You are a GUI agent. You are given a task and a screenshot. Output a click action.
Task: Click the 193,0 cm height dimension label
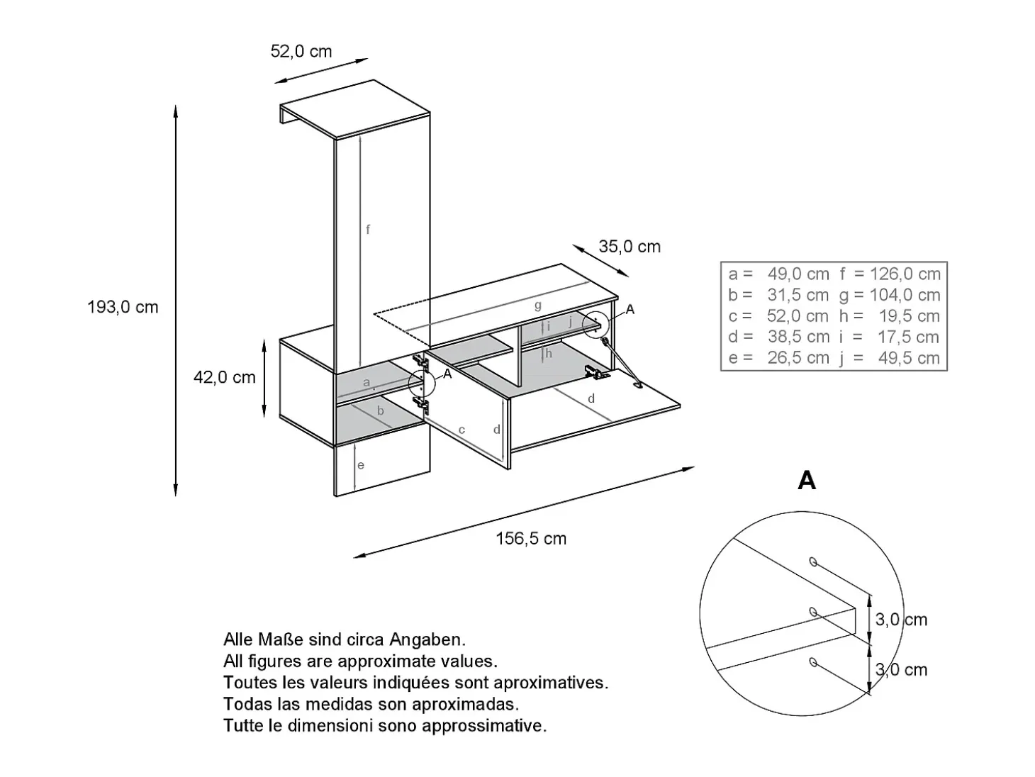coord(123,307)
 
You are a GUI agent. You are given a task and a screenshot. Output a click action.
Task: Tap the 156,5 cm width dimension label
coord(531,538)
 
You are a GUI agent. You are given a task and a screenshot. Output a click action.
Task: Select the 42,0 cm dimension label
coord(225,377)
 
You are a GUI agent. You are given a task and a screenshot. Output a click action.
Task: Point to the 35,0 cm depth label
coord(630,246)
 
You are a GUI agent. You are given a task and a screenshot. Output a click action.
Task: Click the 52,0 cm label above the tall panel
coord(301,51)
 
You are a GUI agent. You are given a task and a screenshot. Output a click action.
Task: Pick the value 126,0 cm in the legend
coord(905,274)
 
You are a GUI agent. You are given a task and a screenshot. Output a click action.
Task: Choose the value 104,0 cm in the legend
coord(905,295)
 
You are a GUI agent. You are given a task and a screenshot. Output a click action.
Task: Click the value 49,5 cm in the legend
coord(909,358)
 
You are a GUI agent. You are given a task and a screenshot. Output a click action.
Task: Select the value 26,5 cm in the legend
coord(798,358)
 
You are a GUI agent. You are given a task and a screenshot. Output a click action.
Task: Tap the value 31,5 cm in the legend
coord(798,295)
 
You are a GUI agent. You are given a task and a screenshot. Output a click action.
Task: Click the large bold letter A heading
coord(807,481)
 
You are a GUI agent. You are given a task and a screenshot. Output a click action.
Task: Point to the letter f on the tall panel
coord(368,230)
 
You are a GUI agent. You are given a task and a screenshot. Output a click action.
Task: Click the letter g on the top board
coord(538,306)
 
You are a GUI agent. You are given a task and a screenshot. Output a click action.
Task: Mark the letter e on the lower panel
coord(361,465)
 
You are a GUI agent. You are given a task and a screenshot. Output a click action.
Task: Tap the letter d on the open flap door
coord(591,398)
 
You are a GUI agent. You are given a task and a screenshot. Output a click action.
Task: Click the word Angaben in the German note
coord(427,639)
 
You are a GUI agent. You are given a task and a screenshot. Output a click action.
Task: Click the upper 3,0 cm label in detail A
coord(901,620)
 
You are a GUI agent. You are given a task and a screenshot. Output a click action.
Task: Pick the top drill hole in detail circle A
coord(813,561)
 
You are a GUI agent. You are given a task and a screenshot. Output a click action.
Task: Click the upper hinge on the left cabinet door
coord(420,362)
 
